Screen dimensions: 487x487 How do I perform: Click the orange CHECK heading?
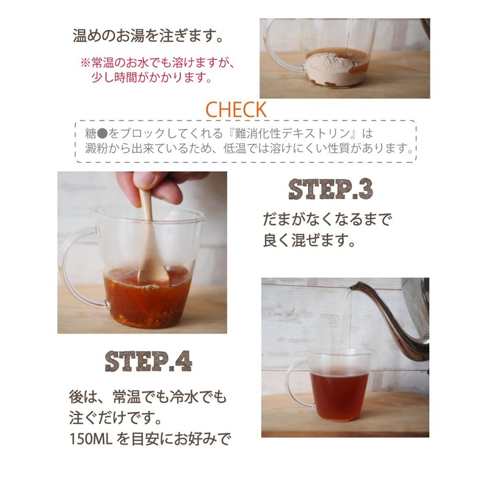click(236, 110)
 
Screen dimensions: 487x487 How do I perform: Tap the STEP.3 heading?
click(330, 190)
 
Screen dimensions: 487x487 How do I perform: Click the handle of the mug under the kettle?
click(294, 384)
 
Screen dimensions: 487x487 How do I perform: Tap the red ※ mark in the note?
click(85, 63)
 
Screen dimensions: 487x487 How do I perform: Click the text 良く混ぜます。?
click(309, 240)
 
